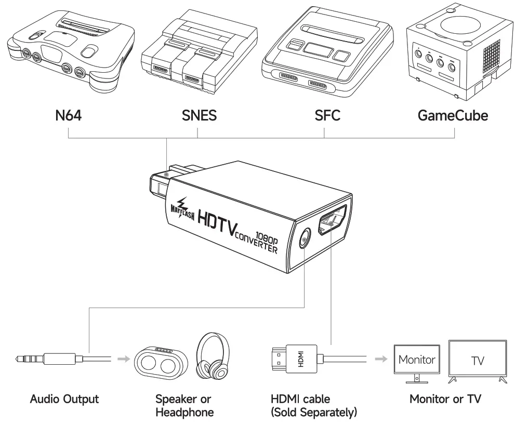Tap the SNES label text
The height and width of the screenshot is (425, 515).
[x=198, y=115]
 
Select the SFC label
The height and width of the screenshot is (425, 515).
[x=324, y=115]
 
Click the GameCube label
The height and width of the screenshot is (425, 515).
[x=453, y=115]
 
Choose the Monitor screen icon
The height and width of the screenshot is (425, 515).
[x=416, y=359]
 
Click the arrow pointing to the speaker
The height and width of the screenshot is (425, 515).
[x=122, y=358]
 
